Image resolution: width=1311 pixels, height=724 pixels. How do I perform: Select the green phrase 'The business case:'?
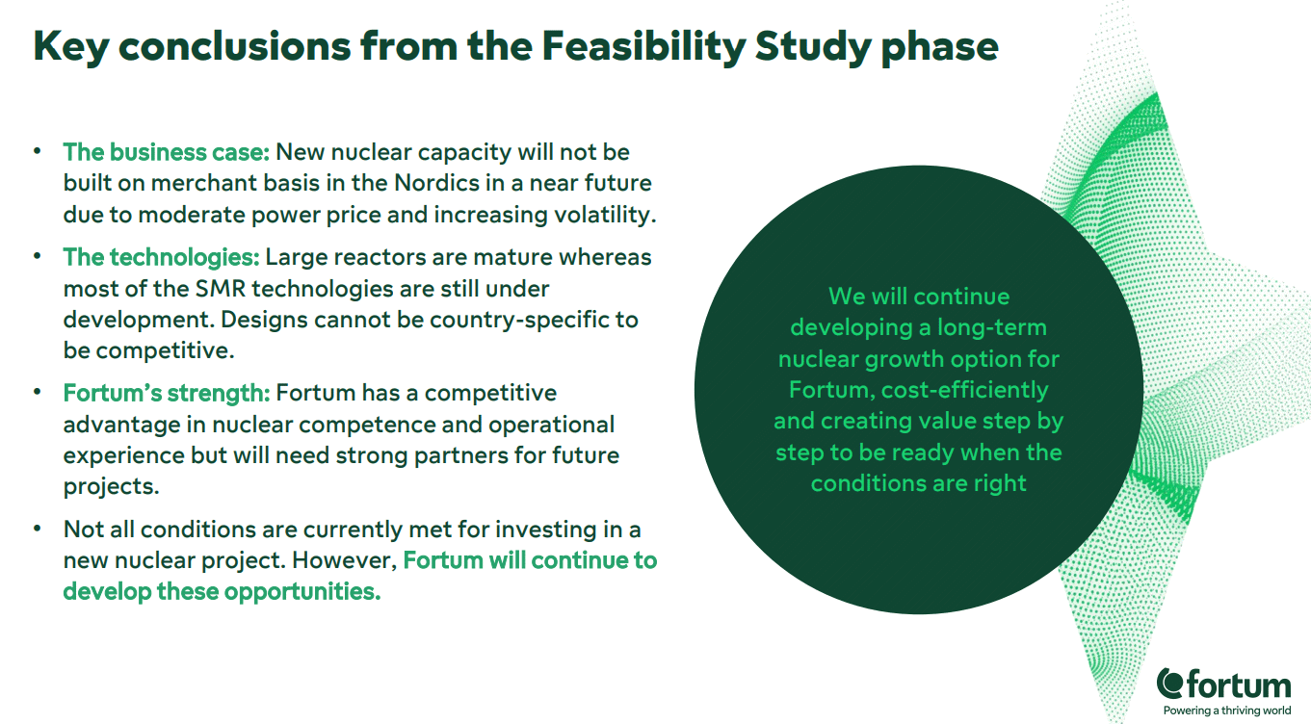pos(167,152)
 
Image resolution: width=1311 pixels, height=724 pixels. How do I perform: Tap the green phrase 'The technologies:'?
pos(161,257)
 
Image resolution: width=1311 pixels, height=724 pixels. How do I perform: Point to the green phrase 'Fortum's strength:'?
pos(167,393)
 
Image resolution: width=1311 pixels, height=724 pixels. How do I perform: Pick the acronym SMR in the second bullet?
pos(220,289)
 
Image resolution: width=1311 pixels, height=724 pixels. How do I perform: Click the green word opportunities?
pos(302,592)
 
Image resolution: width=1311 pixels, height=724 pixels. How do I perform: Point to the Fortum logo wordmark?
pos(1223,685)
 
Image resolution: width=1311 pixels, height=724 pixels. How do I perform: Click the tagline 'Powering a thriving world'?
pos(1227,711)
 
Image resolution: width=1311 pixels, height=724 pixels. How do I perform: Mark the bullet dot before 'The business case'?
pos(38,150)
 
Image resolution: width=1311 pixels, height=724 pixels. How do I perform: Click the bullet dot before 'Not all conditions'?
pos(38,529)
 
